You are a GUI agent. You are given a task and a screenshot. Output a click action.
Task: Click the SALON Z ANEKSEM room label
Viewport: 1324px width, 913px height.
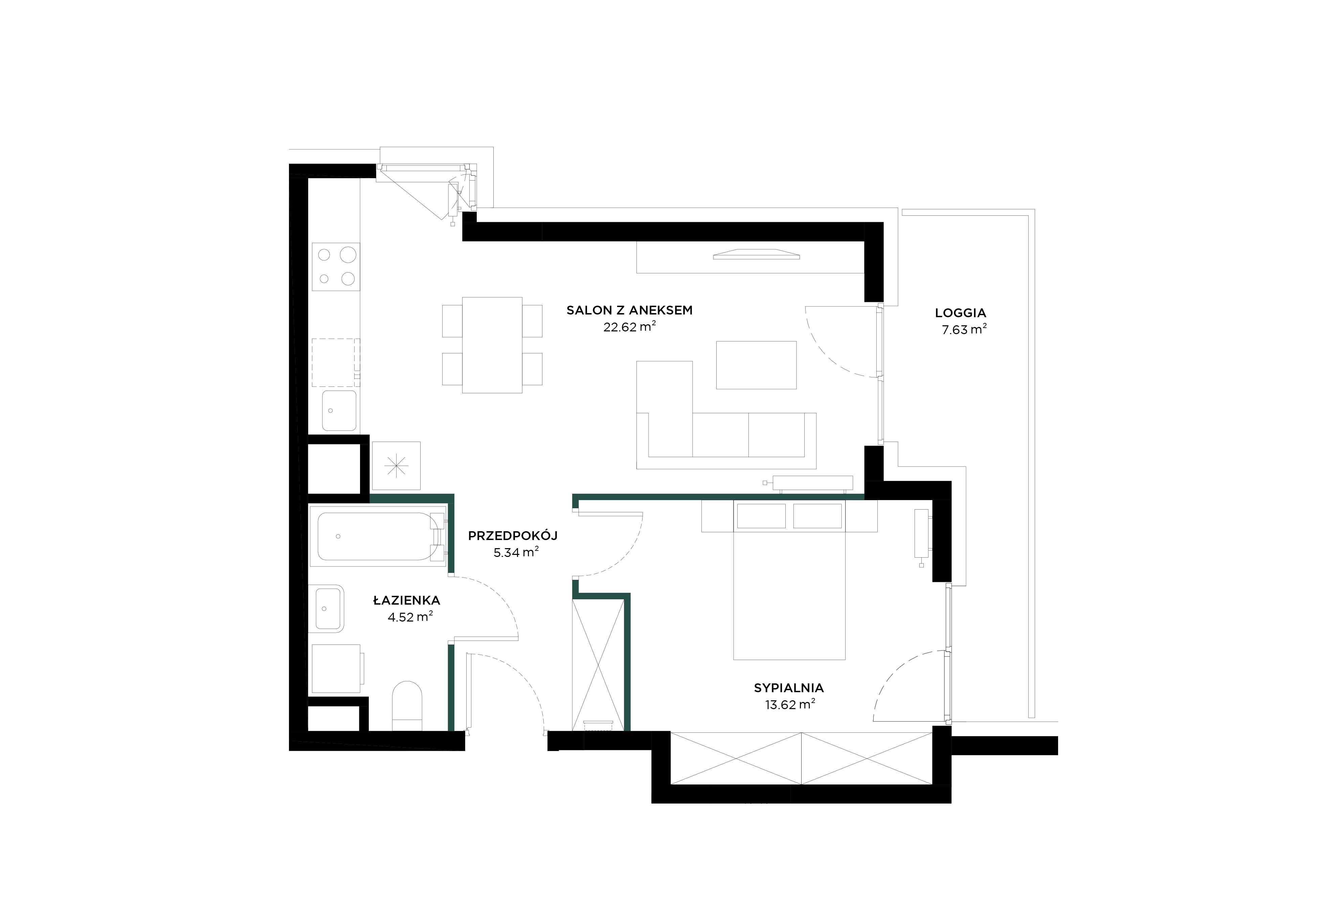pos(629,311)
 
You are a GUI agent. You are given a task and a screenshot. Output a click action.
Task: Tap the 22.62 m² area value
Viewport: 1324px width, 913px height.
pos(629,327)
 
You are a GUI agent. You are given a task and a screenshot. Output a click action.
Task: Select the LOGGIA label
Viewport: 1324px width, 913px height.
pos(961,313)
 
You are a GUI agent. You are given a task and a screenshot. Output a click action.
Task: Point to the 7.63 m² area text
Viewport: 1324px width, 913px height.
pos(964,329)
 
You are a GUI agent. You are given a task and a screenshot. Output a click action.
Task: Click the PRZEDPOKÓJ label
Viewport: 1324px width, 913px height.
pos(512,536)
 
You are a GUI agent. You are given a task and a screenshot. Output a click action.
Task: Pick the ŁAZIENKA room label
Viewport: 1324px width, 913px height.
pos(406,601)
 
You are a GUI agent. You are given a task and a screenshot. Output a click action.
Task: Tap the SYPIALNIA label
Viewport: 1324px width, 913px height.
pos(788,688)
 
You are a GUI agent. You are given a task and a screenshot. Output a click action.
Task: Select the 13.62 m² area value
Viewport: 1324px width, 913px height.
pos(790,705)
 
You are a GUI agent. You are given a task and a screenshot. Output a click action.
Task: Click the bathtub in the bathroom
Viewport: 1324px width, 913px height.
pos(378,536)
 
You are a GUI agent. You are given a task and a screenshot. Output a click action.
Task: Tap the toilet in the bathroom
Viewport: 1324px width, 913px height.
pos(407,705)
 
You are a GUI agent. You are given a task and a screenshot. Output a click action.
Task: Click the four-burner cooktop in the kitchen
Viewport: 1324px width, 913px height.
pos(336,266)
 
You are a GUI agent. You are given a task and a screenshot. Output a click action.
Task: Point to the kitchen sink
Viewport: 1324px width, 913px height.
pos(339,410)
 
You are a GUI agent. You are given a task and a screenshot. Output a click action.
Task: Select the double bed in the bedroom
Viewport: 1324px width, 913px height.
pos(789,580)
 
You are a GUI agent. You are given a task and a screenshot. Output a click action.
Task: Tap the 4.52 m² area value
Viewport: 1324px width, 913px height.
pos(410,617)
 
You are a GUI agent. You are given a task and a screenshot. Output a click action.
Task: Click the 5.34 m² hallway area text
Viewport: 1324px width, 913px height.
pos(516,553)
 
